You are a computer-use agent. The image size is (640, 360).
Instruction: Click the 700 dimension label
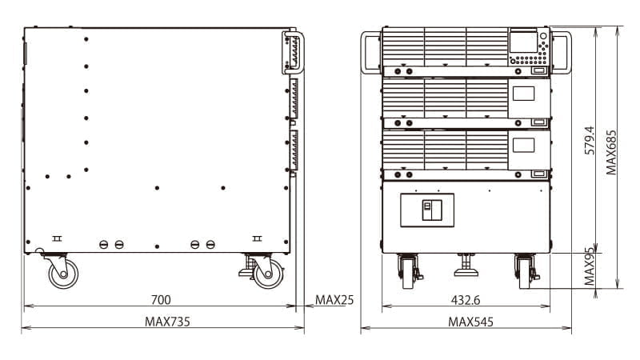(x=161, y=300)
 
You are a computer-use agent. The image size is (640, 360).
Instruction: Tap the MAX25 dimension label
(x=334, y=300)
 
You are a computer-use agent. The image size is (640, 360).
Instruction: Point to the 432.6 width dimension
(x=466, y=300)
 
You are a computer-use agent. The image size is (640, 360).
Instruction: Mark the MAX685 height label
(x=611, y=152)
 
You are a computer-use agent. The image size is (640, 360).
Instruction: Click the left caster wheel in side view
(x=62, y=273)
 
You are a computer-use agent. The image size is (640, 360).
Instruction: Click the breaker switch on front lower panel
(x=427, y=210)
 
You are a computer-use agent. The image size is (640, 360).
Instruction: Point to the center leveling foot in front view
(x=466, y=265)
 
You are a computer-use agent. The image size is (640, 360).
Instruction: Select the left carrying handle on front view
(x=370, y=53)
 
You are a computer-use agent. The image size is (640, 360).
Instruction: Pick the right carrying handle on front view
(x=562, y=53)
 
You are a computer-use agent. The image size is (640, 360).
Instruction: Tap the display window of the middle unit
(x=523, y=93)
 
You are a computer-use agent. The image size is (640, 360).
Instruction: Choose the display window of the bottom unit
(x=523, y=145)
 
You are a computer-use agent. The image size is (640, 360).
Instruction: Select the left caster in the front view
(x=408, y=270)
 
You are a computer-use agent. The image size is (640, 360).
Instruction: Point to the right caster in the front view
(x=526, y=270)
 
